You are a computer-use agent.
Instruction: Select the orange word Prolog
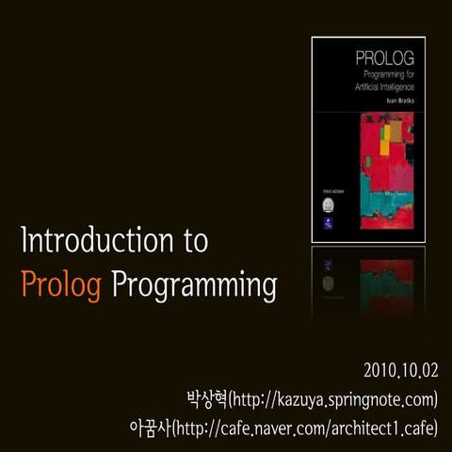(x=60, y=283)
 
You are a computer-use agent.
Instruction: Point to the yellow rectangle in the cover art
(x=384, y=138)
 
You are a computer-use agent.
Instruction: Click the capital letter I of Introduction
(x=24, y=241)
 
